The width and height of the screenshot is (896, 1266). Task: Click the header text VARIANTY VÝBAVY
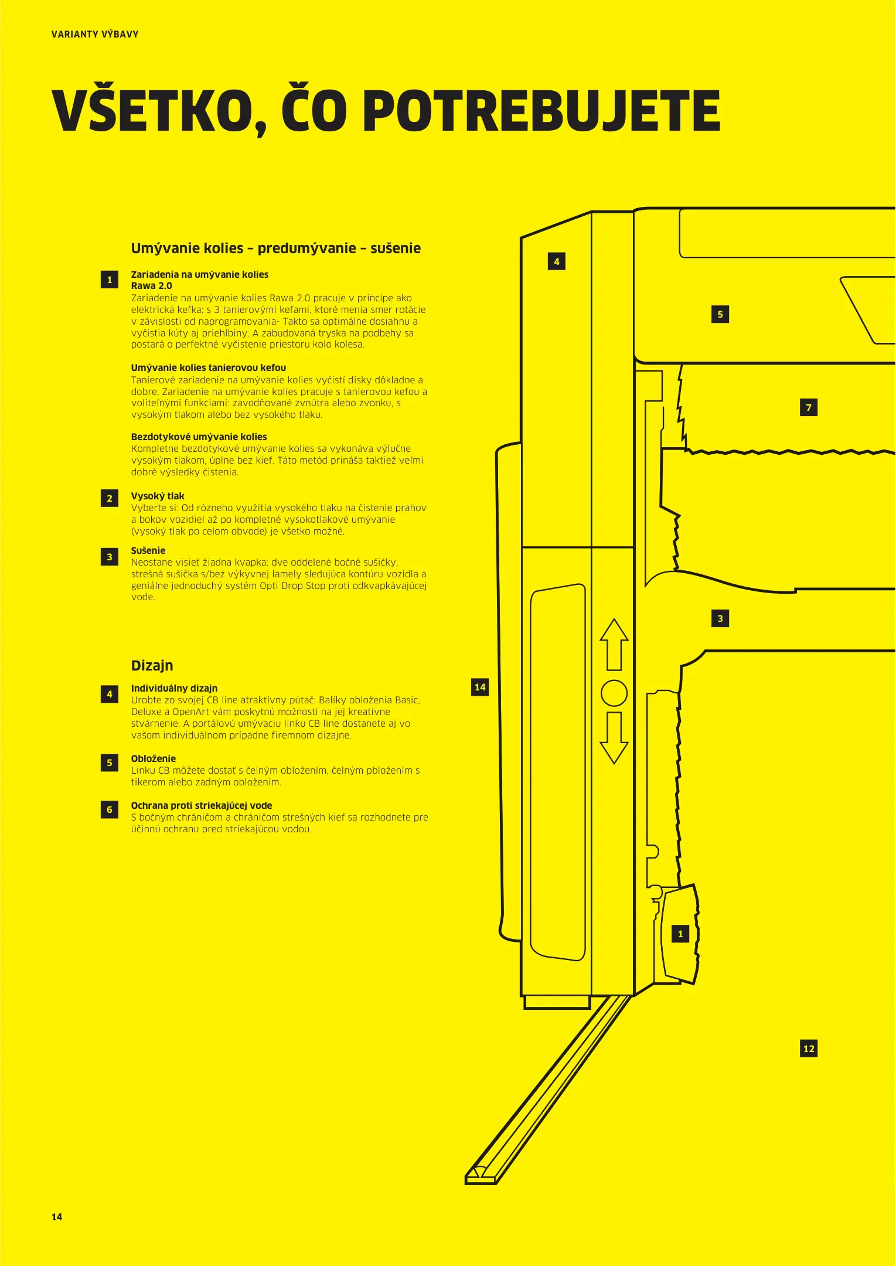[95, 34]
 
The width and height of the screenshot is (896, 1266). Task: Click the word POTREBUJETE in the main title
[541, 111]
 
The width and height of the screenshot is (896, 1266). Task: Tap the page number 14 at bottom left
[57, 1217]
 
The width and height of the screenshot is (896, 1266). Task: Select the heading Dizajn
[152, 665]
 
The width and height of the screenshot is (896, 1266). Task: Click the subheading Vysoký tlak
[158, 496]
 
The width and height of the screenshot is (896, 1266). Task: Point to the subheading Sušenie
[148, 550]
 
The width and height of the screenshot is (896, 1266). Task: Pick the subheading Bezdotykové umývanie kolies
[199, 437]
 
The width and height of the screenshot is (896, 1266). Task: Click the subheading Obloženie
[153, 758]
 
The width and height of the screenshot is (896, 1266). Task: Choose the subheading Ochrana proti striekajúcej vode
[201, 805]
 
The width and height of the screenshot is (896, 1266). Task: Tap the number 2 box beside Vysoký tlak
[110, 498]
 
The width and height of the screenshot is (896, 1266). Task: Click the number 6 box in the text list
[110, 809]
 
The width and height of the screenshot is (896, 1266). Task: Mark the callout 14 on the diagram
[480, 687]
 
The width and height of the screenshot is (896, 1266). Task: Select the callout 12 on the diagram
[809, 1049]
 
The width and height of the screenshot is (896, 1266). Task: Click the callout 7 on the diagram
[809, 407]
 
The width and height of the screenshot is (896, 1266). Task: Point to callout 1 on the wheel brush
[680, 934]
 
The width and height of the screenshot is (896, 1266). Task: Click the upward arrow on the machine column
[614, 644]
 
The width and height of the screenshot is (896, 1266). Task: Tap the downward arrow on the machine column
[614, 738]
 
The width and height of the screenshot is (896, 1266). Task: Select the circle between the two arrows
[614, 693]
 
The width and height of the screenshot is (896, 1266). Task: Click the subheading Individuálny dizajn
[174, 688]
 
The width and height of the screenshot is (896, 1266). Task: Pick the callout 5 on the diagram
[720, 314]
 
